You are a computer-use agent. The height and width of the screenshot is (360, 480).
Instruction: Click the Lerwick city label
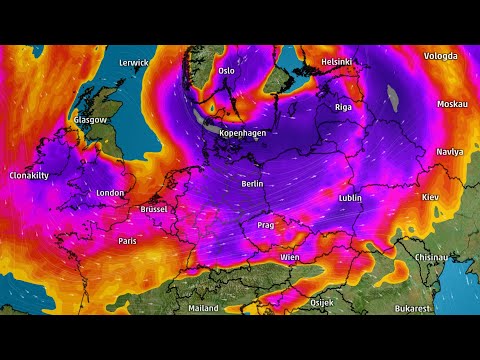[x=133, y=62]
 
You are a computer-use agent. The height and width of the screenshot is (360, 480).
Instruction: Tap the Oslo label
[x=226, y=70]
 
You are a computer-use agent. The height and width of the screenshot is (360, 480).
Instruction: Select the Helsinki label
[x=336, y=62]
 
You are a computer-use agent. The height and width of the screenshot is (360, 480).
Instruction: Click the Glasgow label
[x=90, y=120]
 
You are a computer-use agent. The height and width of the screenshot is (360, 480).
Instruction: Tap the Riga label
[x=343, y=106]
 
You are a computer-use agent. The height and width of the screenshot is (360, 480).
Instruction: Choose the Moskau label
[x=453, y=104]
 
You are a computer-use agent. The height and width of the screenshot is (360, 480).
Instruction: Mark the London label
[x=109, y=193]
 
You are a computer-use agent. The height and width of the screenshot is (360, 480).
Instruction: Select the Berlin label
[x=253, y=184]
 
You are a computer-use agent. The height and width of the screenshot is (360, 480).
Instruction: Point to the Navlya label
[x=450, y=152]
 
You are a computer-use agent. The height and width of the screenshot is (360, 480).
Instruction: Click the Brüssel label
[x=154, y=209]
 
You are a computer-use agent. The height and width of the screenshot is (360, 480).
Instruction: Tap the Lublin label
[x=350, y=198]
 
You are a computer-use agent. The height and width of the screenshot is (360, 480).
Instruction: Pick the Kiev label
[x=431, y=197]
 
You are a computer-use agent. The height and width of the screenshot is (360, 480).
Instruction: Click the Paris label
[x=127, y=241]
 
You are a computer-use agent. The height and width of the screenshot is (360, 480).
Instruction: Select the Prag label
[x=265, y=225]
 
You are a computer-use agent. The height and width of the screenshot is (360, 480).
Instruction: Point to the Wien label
[x=290, y=257]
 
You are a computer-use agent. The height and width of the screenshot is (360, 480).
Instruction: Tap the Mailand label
[x=203, y=308]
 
